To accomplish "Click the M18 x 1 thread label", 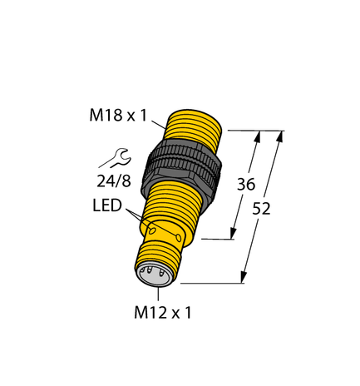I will point(116,117).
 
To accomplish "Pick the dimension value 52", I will point(262,209).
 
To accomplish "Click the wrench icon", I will point(111,156).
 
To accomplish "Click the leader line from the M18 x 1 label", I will point(158,124).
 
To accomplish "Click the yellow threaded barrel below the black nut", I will point(170,211).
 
